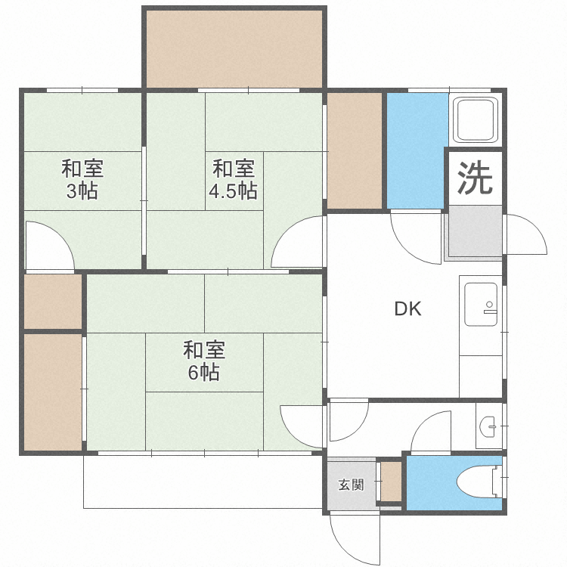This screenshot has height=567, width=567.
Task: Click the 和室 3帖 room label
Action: coord(82,179)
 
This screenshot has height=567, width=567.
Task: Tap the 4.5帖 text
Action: coord(233,191)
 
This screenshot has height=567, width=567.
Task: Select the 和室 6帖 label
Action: coord(203,361)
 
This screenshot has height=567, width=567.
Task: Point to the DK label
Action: coord(407,308)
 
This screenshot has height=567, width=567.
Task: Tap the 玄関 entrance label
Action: coord(351,485)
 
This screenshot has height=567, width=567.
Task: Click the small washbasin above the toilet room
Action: coord(488,427)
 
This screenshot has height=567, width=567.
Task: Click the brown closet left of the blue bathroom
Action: coord(355,150)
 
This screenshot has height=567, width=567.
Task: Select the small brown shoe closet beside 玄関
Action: coord(391,481)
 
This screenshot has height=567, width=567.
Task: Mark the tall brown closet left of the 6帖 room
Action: coord(52,391)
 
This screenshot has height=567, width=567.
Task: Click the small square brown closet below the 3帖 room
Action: coord(53,302)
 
